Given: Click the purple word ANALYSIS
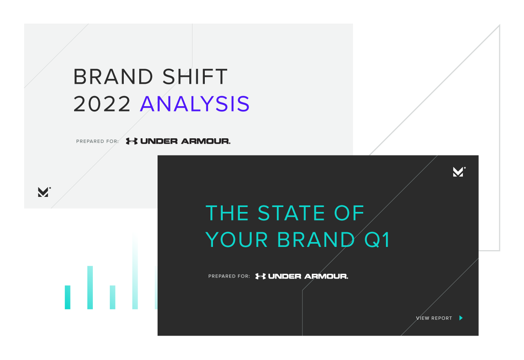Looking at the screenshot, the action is click(x=195, y=104).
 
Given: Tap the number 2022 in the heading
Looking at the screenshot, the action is click(x=102, y=104).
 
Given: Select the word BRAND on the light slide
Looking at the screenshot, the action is click(x=113, y=76).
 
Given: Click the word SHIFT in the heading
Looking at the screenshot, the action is click(x=195, y=76).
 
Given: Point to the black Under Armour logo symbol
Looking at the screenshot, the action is click(x=132, y=141).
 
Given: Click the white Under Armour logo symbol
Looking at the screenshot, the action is click(x=260, y=276).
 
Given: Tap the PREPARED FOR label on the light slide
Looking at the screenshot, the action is click(x=97, y=141).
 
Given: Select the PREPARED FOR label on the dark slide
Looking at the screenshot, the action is click(x=229, y=276).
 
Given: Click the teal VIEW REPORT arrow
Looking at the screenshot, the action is click(x=461, y=318).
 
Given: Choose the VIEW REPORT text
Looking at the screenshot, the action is click(x=434, y=318).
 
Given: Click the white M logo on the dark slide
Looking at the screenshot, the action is click(x=458, y=172).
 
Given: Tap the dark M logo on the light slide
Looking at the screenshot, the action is click(x=44, y=192).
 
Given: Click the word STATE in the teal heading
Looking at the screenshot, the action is click(x=291, y=213).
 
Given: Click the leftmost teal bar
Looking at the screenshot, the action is click(x=67, y=297).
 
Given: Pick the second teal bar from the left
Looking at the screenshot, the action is click(x=90, y=288).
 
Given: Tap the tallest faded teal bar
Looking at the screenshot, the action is click(x=135, y=271).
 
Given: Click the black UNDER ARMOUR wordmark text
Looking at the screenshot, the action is click(x=185, y=141).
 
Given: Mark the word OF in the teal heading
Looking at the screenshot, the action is click(x=349, y=213).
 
